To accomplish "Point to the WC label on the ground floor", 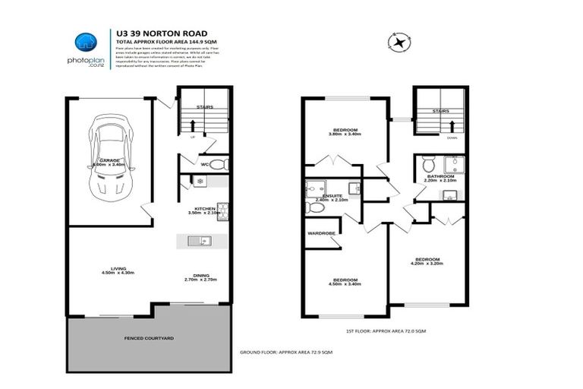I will (205, 163).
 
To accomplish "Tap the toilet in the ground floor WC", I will (217, 164).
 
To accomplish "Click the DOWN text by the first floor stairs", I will (452, 138).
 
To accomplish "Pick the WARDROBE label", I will (321, 233).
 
